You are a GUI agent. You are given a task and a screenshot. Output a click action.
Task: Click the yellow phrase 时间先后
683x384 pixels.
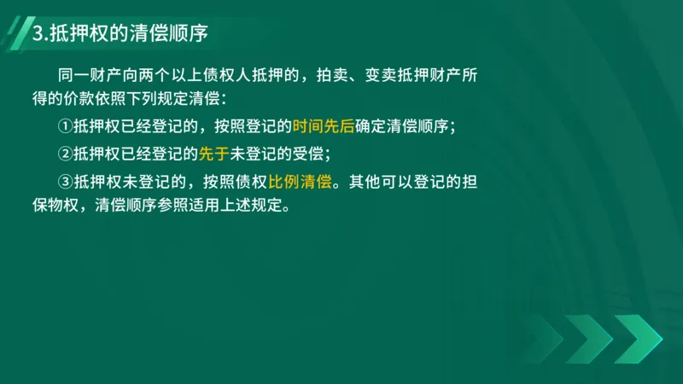click(x=323, y=127)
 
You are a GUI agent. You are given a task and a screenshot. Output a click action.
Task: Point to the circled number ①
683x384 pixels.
click(x=67, y=127)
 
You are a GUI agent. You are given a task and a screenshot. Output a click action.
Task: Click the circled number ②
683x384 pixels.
click(x=67, y=154)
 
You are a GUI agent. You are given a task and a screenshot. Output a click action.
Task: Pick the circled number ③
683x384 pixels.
click(x=67, y=181)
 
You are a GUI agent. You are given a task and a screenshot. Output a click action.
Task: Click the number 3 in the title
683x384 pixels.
click(x=36, y=34)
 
